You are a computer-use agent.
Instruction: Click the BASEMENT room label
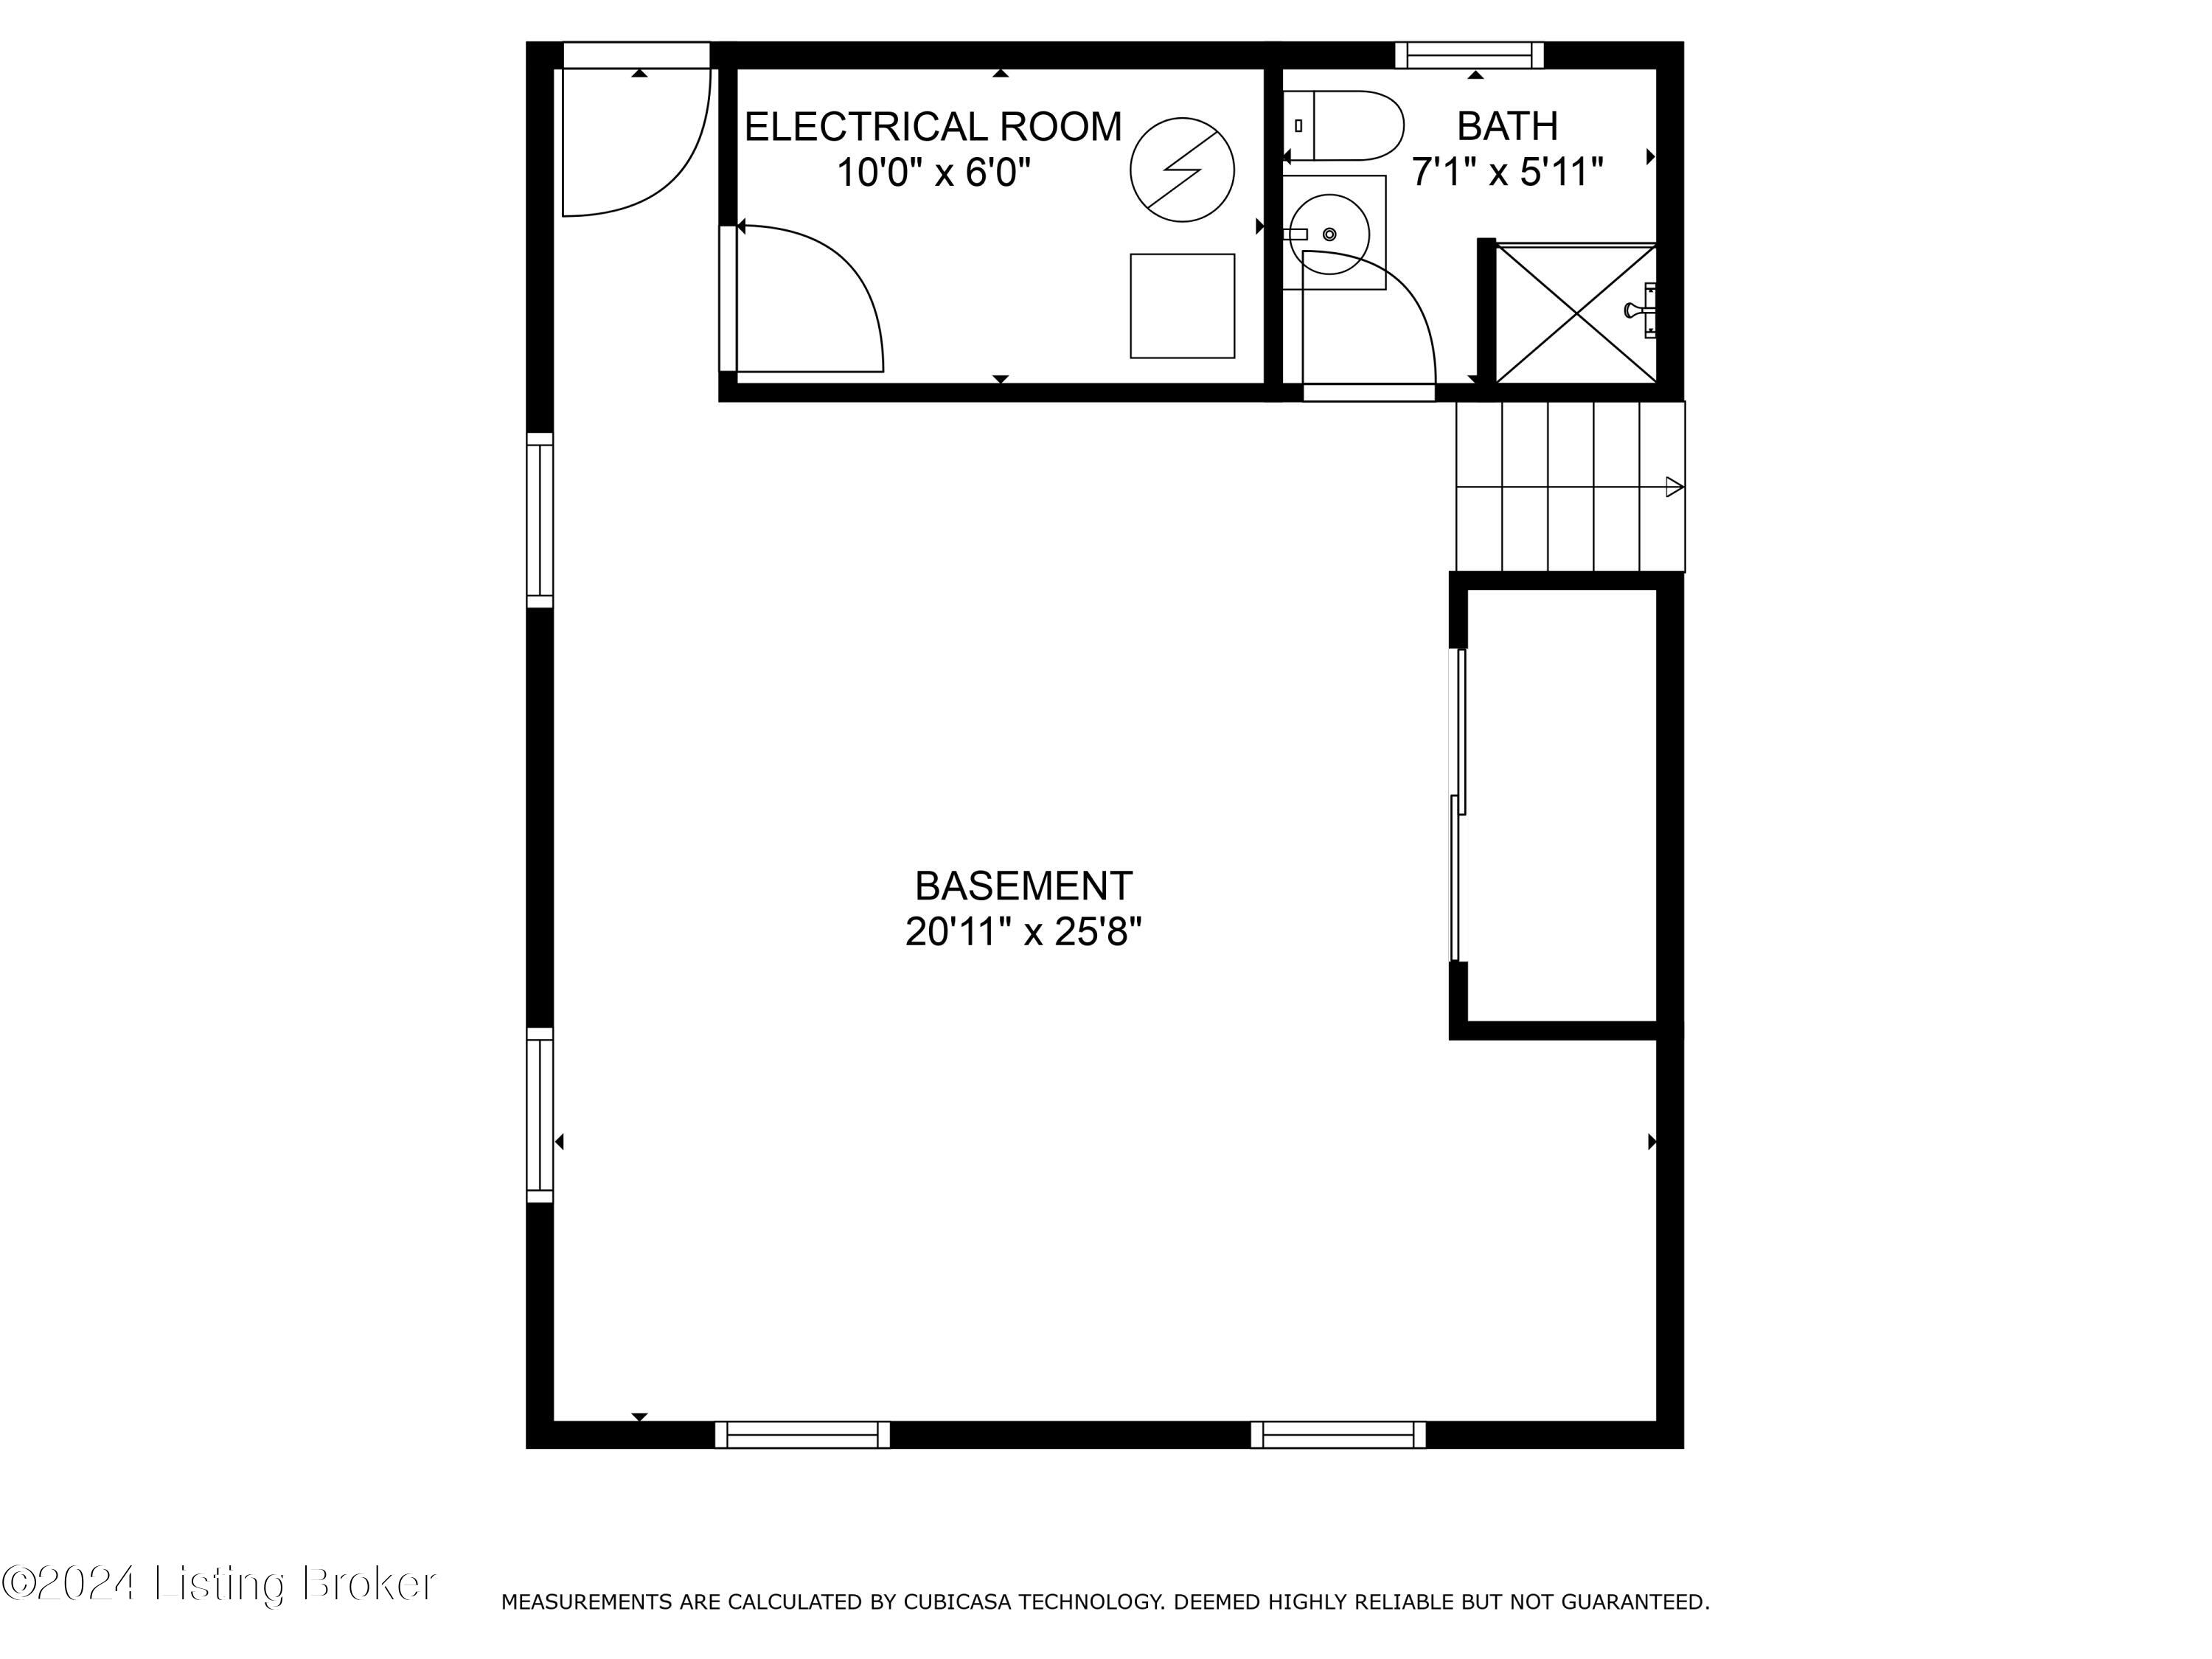(x=1023, y=886)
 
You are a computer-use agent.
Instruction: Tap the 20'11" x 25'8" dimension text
(x=1023, y=932)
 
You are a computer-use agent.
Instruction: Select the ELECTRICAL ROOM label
(x=933, y=127)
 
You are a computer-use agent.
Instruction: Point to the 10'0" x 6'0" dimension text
(x=933, y=173)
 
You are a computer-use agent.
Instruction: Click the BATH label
(x=1507, y=126)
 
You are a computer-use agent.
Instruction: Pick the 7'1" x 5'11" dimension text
(x=1507, y=172)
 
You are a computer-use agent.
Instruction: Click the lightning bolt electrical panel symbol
(x=1182, y=170)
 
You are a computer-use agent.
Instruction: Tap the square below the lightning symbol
(x=1182, y=306)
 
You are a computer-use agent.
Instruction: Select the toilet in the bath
(x=1345, y=126)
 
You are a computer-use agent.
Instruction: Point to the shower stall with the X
(x=1576, y=313)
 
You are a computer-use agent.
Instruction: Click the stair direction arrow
(x=1674, y=487)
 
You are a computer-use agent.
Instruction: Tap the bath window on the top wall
(x=1469, y=55)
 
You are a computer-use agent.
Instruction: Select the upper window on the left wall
(x=540, y=520)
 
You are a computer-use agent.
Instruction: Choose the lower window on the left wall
(x=540, y=1115)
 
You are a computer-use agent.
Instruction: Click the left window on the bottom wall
(x=802, y=1435)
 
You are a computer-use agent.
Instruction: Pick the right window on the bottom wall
(x=1338, y=1435)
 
